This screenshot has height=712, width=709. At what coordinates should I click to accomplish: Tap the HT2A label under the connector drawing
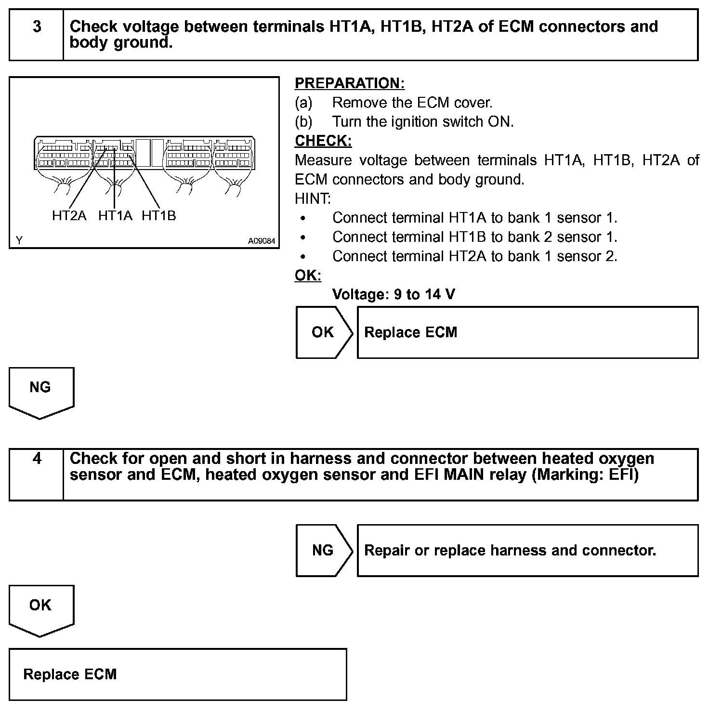69,216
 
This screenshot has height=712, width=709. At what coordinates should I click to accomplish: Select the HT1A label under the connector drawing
115,216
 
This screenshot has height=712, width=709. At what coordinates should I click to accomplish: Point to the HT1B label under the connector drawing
159,216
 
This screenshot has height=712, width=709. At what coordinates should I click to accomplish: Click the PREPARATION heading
349,83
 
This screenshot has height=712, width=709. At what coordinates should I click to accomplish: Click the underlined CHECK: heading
323,141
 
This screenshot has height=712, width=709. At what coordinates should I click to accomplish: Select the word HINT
313,198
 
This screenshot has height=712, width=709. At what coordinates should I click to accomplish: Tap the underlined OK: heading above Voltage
308,276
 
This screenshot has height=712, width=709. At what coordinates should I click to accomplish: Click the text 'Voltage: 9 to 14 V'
394,294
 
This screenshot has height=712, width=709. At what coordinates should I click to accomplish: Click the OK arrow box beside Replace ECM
323,332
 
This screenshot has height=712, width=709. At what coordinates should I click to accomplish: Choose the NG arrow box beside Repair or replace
323,550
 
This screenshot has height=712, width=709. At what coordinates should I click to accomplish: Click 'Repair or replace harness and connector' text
510,550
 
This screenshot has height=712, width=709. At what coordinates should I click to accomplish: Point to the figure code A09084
262,240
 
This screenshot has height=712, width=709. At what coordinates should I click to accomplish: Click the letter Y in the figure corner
19,240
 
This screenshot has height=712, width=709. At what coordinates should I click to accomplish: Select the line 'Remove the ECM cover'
412,103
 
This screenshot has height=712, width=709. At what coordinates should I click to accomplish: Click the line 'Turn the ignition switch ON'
422,122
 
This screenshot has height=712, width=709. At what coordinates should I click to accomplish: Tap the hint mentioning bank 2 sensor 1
474,237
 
